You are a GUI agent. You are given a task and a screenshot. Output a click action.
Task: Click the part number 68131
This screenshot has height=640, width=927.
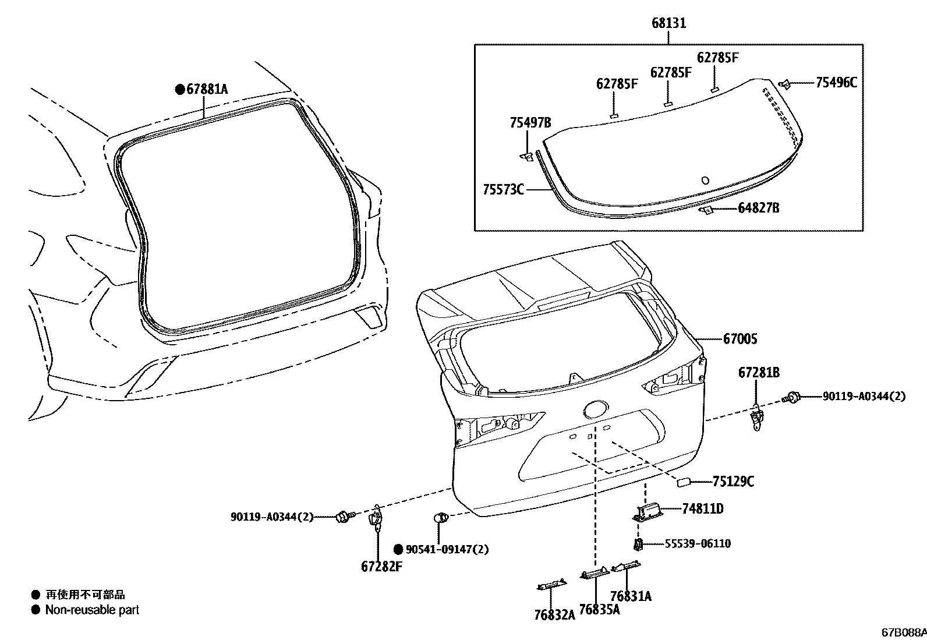pos(668,23)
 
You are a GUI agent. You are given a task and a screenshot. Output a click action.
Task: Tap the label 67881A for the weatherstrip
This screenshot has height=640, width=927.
pos(207,89)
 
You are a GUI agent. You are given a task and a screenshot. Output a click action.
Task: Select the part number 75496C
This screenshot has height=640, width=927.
pos(836,82)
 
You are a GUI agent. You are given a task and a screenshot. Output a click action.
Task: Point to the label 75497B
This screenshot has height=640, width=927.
pos(530,122)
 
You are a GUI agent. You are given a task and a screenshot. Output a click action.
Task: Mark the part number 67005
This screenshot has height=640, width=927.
pos(740,338)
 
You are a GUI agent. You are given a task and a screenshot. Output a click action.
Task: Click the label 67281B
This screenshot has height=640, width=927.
pos(759,373)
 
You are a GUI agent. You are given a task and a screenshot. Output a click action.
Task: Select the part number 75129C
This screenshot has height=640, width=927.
pos(733,482)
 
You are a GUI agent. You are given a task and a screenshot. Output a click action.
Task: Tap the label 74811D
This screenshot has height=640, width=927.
pos(703,509)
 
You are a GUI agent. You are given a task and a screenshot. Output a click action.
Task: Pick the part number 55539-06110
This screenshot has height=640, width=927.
pos(698,544)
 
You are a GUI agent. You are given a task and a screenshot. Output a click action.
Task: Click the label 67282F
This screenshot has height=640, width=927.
pos(381,567)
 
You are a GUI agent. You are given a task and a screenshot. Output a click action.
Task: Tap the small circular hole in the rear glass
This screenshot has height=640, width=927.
pos(705,181)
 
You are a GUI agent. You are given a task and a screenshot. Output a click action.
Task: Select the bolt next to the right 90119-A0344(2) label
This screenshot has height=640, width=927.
pos(793,398)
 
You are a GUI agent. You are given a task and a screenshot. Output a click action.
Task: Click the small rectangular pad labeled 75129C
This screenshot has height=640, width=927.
pos(683,482)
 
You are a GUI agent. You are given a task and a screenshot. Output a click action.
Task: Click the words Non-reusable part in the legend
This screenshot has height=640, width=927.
pos(92,610)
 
